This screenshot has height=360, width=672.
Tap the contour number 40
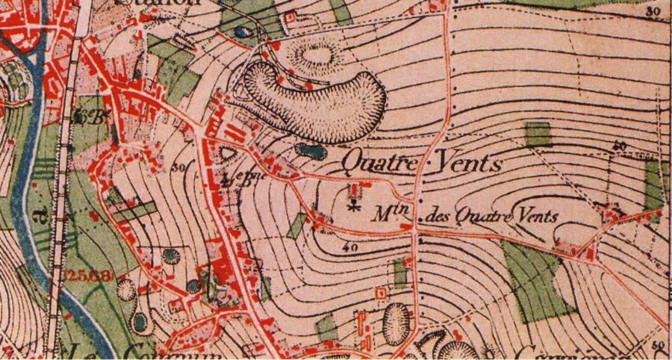pos(347,246)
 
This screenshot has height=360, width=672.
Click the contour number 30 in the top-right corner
pos(653,11)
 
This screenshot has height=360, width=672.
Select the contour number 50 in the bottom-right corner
pos(656,345)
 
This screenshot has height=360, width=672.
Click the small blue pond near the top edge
pos(241,32)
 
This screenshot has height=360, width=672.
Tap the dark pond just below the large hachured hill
pos(310,151)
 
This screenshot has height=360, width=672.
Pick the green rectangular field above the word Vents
pos(538,134)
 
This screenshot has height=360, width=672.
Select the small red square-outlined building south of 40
pos(382,294)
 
